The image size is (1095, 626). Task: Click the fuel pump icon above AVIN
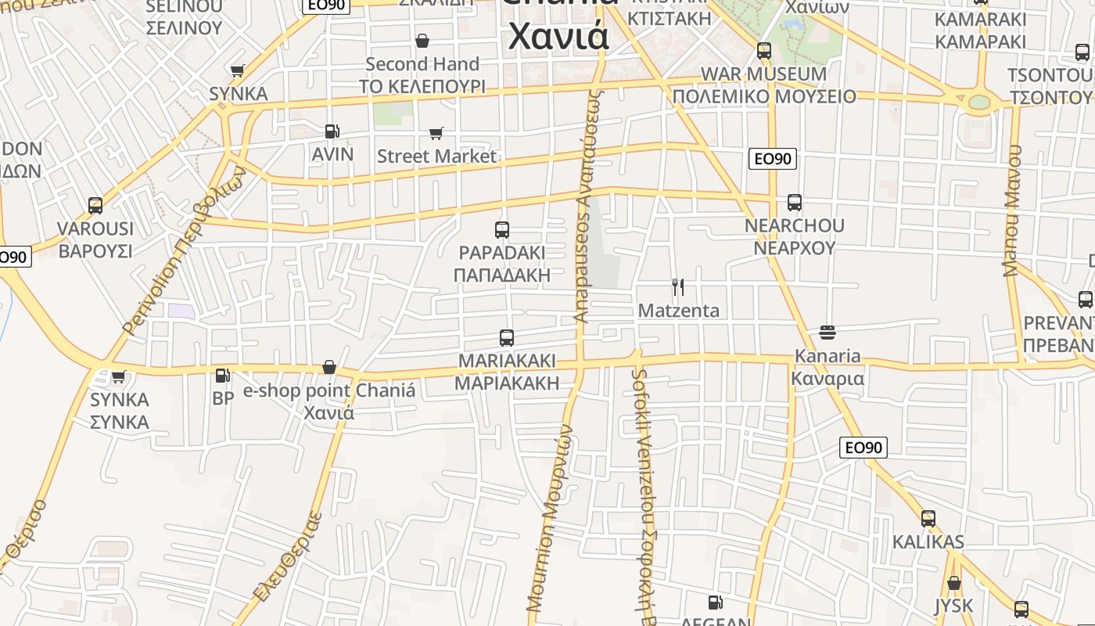pyautogui.click(x=332, y=131)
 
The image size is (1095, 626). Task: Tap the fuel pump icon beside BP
pyautogui.click(x=223, y=376)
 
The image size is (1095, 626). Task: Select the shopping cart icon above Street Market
pyautogui.click(x=436, y=134)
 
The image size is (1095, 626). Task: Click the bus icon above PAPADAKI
pyautogui.click(x=502, y=230)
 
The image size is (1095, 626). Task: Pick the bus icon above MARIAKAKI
pyautogui.click(x=507, y=338)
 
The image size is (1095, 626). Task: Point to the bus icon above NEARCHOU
pyautogui.click(x=795, y=203)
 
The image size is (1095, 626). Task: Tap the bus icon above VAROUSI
pyautogui.click(x=95, y=206)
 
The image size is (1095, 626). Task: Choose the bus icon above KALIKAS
pyautogui.click(x=928, y=519)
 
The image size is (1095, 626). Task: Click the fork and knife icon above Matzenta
pyautogui.click(x=678, y=287)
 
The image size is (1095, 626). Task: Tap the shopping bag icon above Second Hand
pyautogui.click(x=422, y=41)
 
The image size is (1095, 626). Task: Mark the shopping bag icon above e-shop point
pyautogui.click(x=329, y=368)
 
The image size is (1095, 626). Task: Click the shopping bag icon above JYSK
pyautogui.click(x=954, y=583)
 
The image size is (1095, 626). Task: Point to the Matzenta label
pyautogui.click(x=678, y=311)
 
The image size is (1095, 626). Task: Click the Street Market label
pyautogui.click(x=436, y=156)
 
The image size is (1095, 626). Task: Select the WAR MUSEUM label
pyautogui.click(x=763, y=74)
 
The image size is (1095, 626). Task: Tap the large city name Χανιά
pyautogui.click(x=558, y=35)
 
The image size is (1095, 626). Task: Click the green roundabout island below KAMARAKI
pyautogui.click(x=978, y=103)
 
